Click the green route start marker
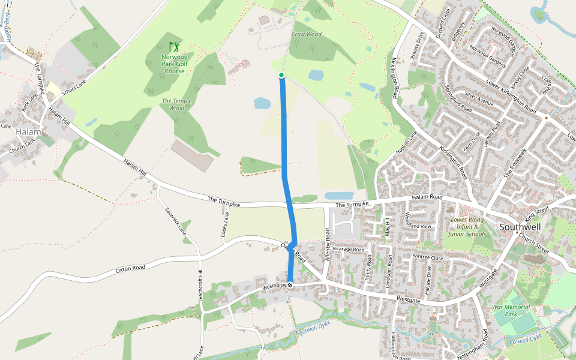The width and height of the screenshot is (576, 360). point(281,75)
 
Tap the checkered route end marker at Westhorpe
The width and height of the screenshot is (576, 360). point(290,285)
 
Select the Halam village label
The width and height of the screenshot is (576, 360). point(28,131)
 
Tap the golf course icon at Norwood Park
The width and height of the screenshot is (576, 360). point(173,46)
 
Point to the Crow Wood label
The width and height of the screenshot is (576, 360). point(306,35)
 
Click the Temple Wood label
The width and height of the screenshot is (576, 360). point(176,104)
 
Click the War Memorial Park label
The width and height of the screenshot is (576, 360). point(511,310)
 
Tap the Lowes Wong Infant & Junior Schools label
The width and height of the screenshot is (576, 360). point(467,227)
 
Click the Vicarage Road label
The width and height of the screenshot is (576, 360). point(348,249)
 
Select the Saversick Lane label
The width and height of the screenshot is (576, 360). point(175,220)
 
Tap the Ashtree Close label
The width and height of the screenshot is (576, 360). point(428,257)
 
